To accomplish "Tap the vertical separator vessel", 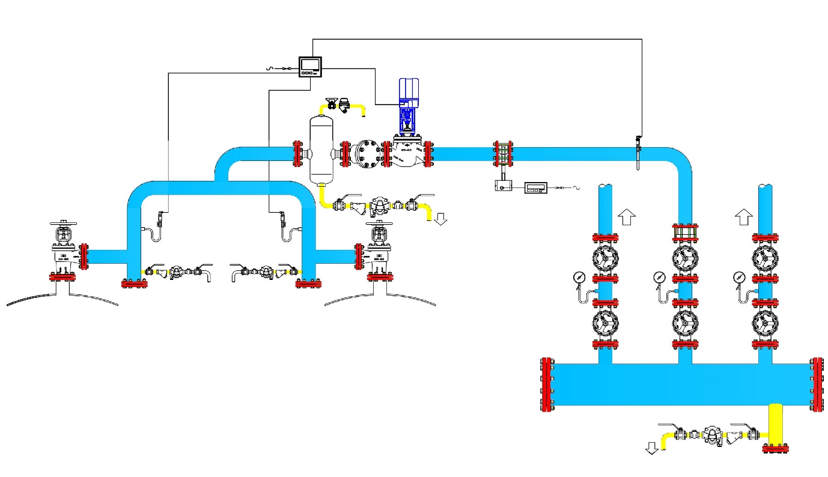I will pyautogui.click(x=321, y=150).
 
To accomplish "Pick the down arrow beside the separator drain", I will pyautogui.click(x=441, y=219).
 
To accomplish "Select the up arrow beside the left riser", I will pyautogui.click(x=626, y=216).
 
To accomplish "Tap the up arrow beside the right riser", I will pyautogui.click(x=744, y=216).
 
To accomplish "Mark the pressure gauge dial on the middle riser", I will pyautogui.click(x=660, y=277).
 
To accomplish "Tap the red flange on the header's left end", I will pyautogui.click(x=547, y=384).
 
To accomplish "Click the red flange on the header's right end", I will pyautogui.click(x=817, y=384).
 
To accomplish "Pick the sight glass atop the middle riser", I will pyautogui.click(x=685, y=232).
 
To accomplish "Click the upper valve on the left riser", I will pyautogui.click(x=605, y=257).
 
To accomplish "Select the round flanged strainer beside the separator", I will pyautogui.click(x=367, y=154).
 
